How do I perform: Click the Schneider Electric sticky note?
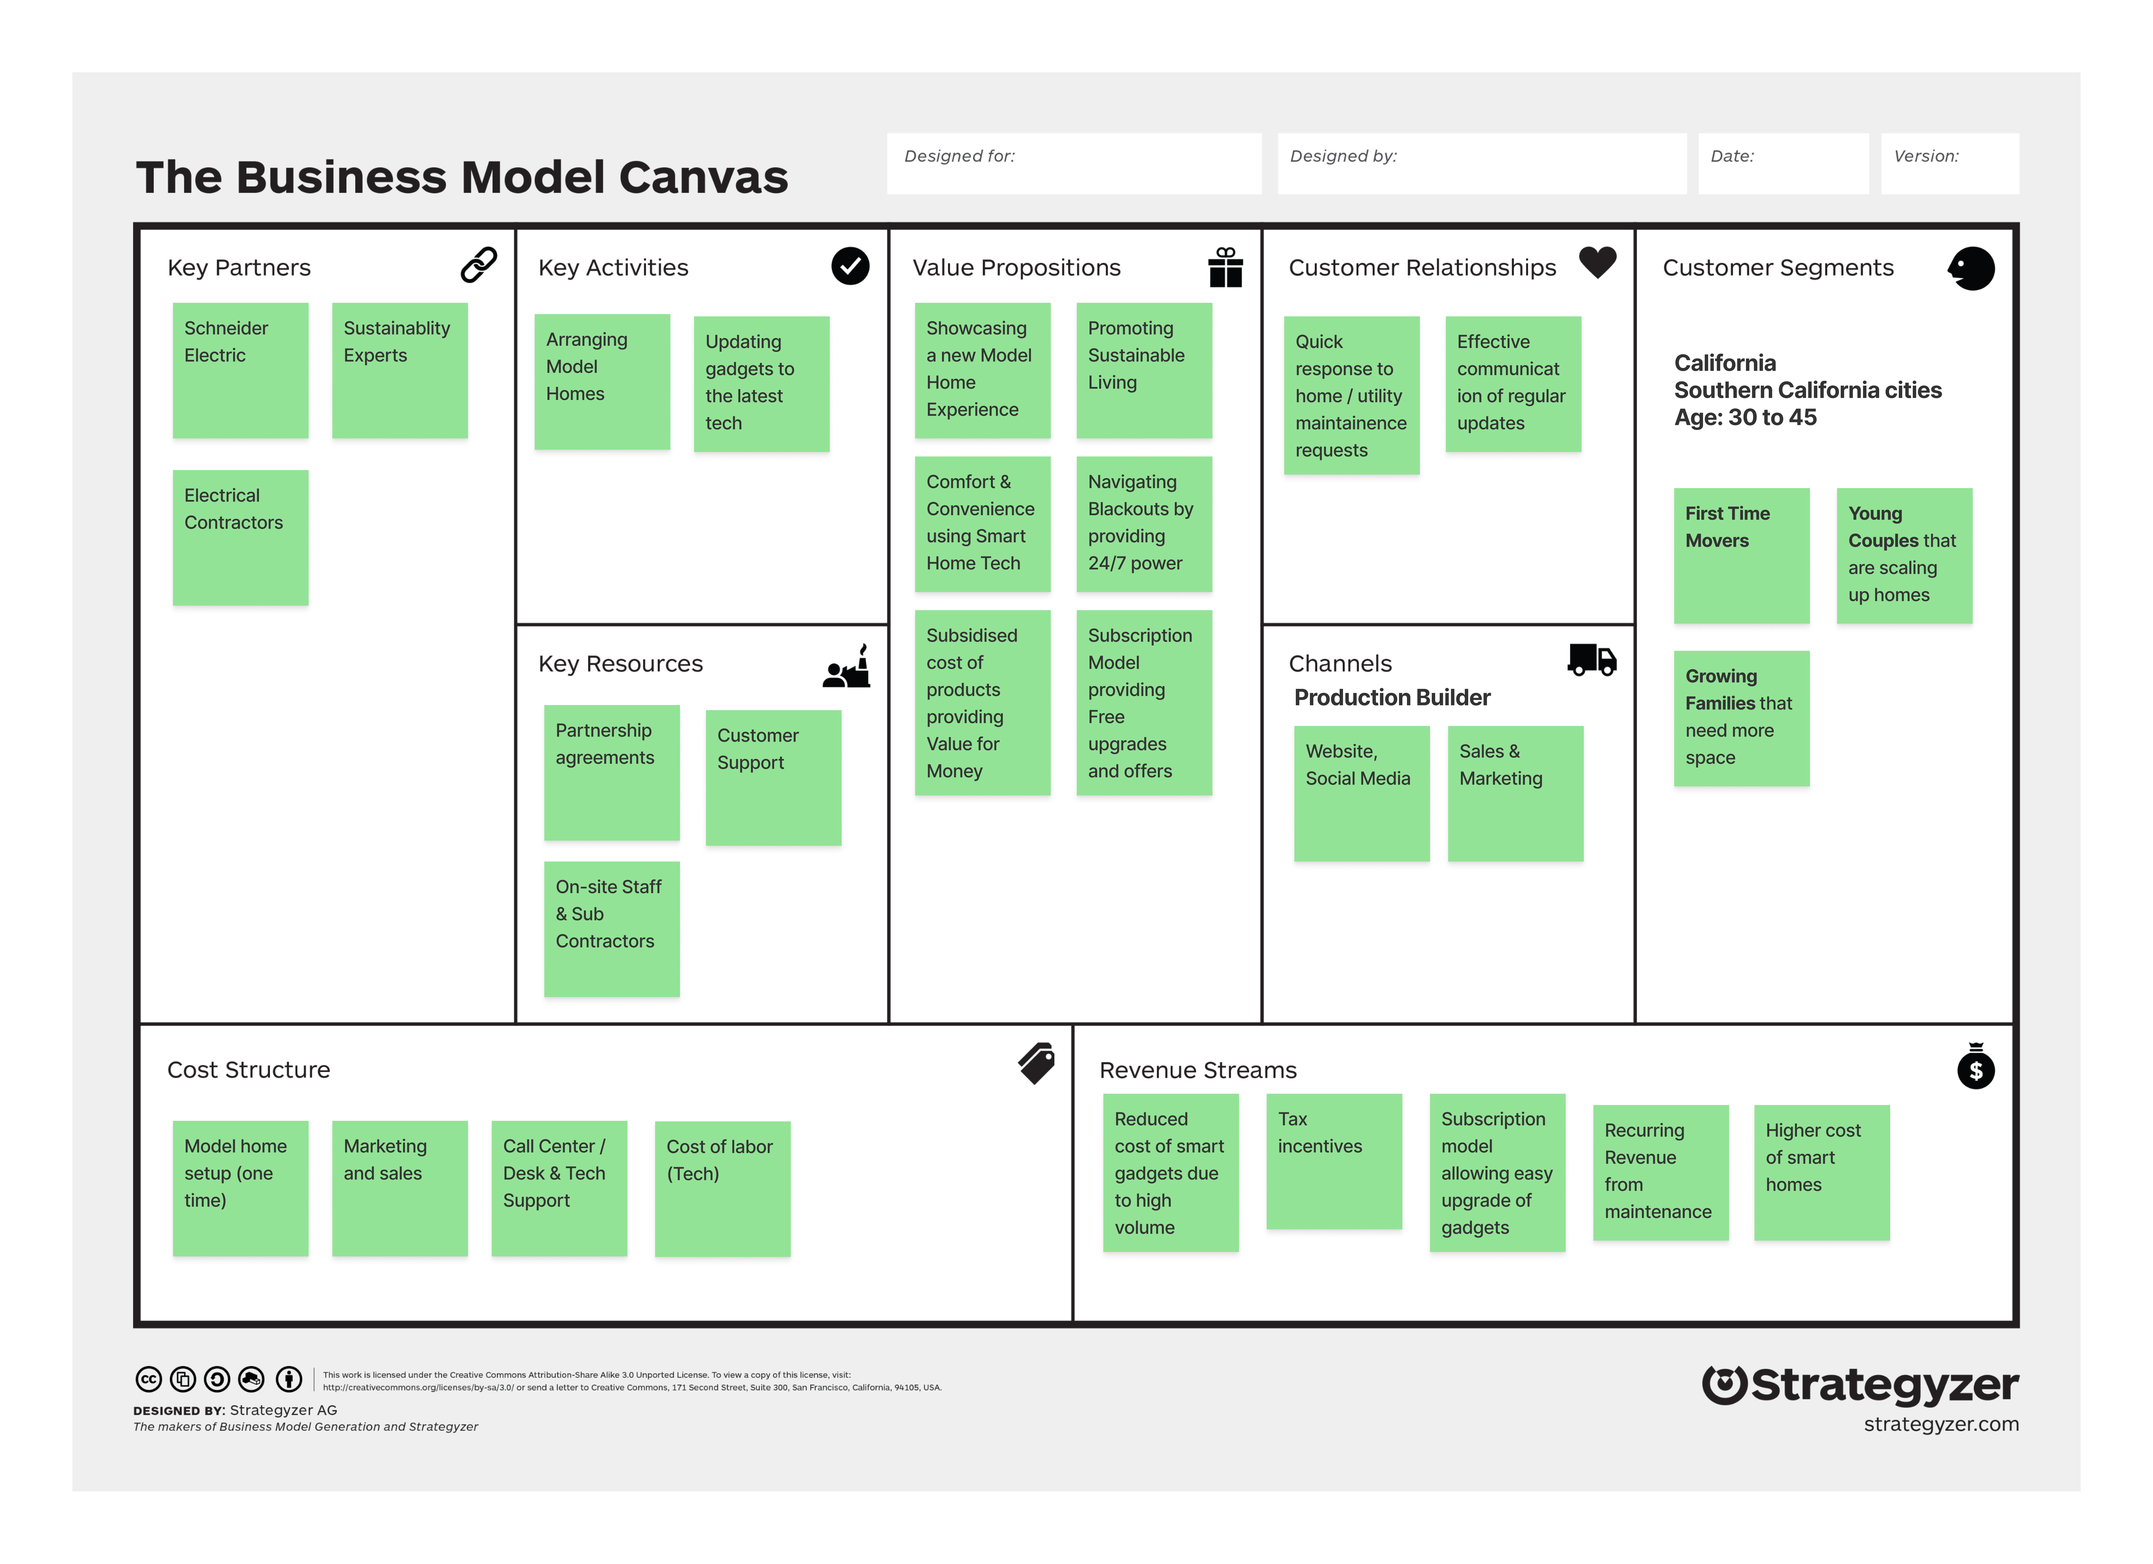[x=240, y=370]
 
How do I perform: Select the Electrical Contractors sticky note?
[x=240, y=537]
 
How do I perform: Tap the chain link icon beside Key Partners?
[x=478, y=266]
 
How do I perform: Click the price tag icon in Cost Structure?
[x=1037, y=1063]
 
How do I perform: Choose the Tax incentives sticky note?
[x=1334, y=1161]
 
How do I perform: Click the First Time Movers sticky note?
[x=1741, y=555]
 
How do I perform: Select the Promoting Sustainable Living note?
[x=1144, y=370]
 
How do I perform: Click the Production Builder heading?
[x=1392, y=697]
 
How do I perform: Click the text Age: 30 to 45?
[x=1745, y=417]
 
